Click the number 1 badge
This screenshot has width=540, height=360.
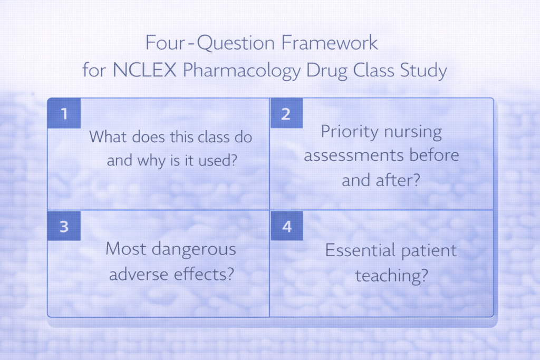[64, 113]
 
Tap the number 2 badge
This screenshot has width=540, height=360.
[286, 113]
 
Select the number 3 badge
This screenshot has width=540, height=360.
[64, 226]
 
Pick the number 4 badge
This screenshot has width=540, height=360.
[286, 226]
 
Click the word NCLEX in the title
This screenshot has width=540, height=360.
[145, 70]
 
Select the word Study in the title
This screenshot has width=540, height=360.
[425, 71]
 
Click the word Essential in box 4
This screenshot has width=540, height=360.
[358, 250]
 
